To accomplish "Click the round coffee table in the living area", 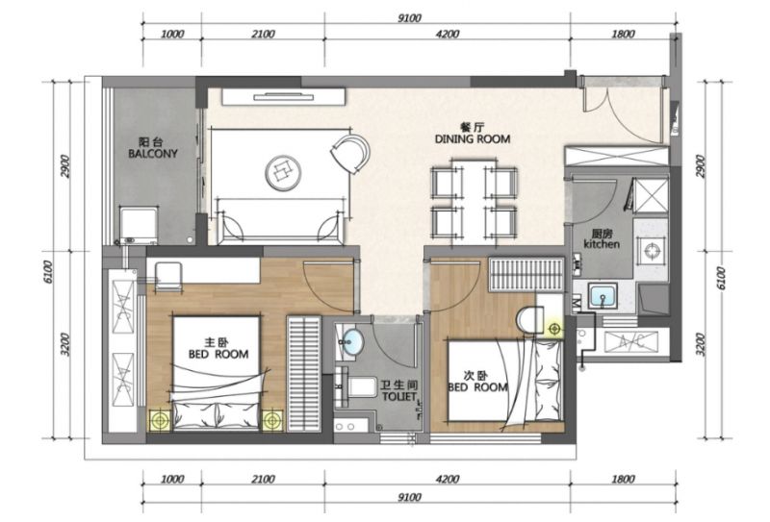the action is (x=283, y=173).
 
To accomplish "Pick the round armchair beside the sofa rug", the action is (x=350, y=153).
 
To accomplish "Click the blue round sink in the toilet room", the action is (x=352, y=341).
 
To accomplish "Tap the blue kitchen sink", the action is (x=603, y=296).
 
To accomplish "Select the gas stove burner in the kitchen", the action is (x=652, y=251).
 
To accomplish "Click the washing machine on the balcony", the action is (x=139, y=225).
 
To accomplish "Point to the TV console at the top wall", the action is (x=283, y=97).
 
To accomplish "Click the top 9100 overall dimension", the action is (x=409, y=18).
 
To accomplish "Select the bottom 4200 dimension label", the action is (x=448, y=479).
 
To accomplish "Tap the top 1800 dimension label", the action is (x=623, y=34).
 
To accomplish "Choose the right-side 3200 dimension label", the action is (x=701, y=344).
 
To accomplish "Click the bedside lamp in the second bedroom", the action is (x=555, y=329).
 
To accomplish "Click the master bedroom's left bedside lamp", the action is (x=159, y=420).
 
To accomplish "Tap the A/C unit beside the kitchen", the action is (x=630, y=341).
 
